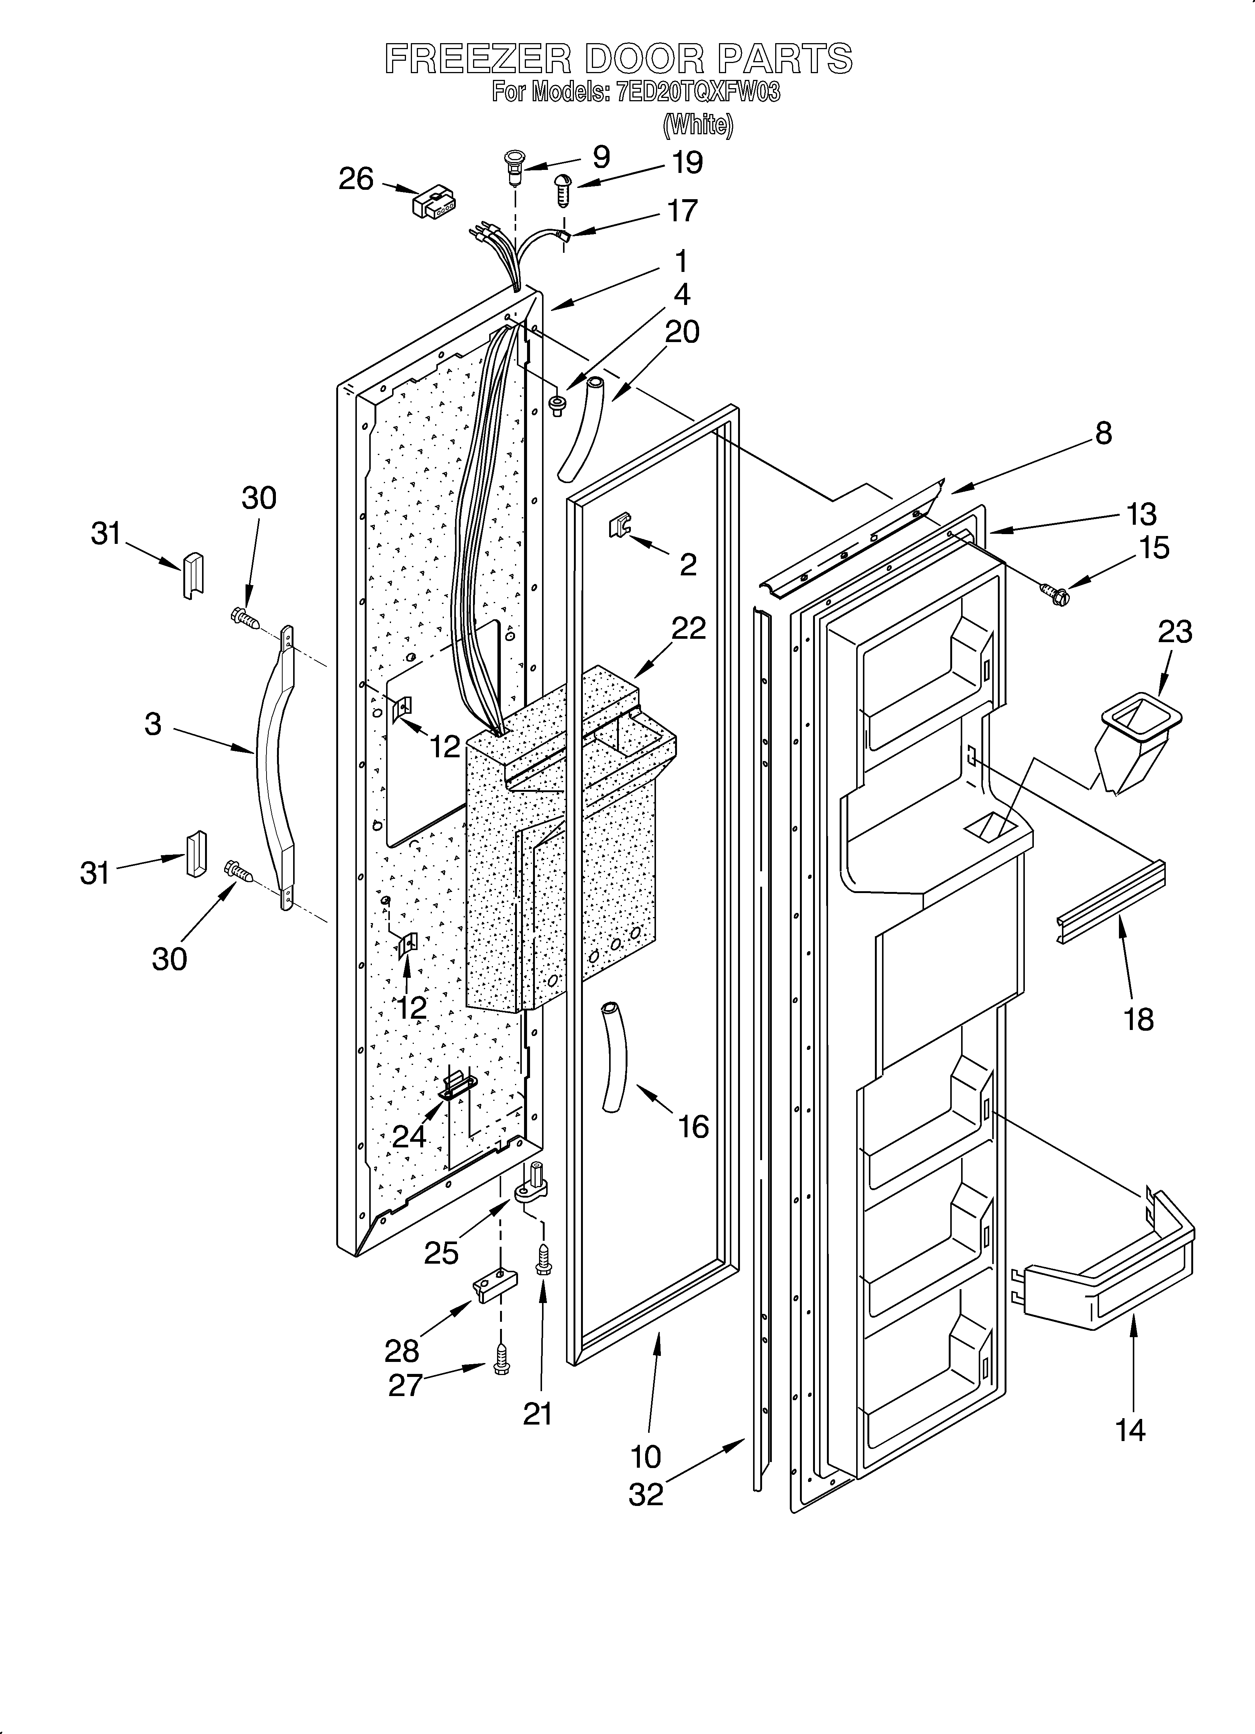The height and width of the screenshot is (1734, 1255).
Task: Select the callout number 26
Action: tap(356, 180)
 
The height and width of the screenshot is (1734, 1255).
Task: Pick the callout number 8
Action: tap(1103, 434)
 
